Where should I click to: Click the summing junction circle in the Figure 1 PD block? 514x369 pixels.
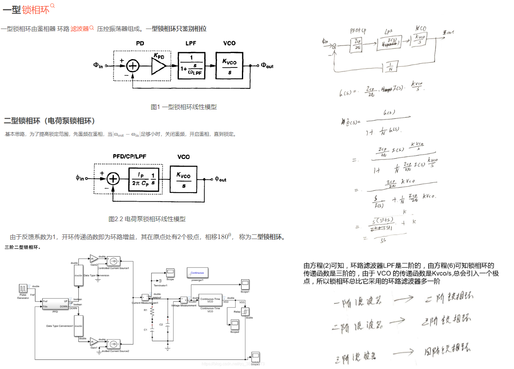(x=132, y=66)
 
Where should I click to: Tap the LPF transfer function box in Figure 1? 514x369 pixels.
(x=191, y=66)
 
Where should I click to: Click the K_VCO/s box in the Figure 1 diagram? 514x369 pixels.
(x=229, y=66)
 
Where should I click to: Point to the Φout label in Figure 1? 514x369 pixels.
(x=267, y=66)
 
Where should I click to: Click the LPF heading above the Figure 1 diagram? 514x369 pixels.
(x=191, y=43)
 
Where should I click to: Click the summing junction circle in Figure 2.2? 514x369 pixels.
(x=113, y=178)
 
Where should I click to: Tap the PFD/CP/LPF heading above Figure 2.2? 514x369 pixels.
(x=129, y=156)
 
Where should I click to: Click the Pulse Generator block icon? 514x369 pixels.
(x=23, y=289)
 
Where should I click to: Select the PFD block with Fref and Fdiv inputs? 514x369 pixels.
(x=55, y=304)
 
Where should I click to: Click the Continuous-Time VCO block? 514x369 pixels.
(x=210, y=300)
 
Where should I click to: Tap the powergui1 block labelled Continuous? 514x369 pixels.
(x=197, y=273)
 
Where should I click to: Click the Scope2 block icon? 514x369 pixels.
(x=235, y=324)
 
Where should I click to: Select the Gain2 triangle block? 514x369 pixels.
(x=93, y=259)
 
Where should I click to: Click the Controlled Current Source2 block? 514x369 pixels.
(x=113, y=344)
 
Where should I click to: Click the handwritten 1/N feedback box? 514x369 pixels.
(x=391, y=67)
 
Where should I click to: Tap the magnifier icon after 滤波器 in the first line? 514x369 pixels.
(x=92, y=28)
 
